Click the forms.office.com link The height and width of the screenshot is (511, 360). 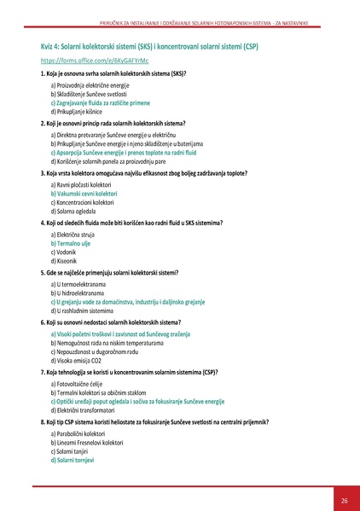tap(83, 62)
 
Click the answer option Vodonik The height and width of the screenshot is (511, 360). tap(66, 252)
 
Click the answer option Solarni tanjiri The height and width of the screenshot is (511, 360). tap(75, 451)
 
